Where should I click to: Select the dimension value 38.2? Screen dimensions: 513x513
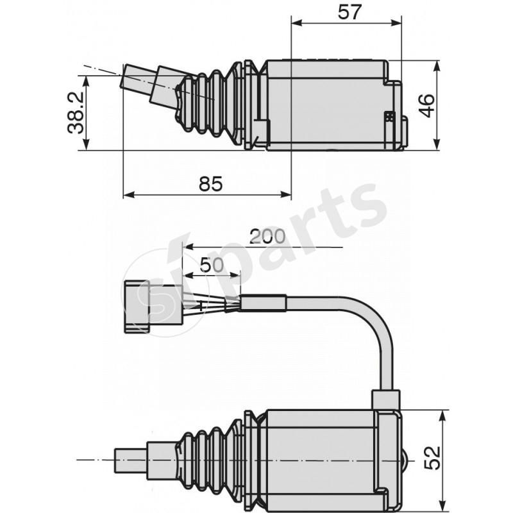[76, 112]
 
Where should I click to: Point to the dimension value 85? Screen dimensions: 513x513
[210, 184]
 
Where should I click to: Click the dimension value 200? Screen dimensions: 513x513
[267, 236]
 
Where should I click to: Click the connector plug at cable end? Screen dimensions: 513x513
[137, 307]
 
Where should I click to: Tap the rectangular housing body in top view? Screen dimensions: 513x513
[327, 106]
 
